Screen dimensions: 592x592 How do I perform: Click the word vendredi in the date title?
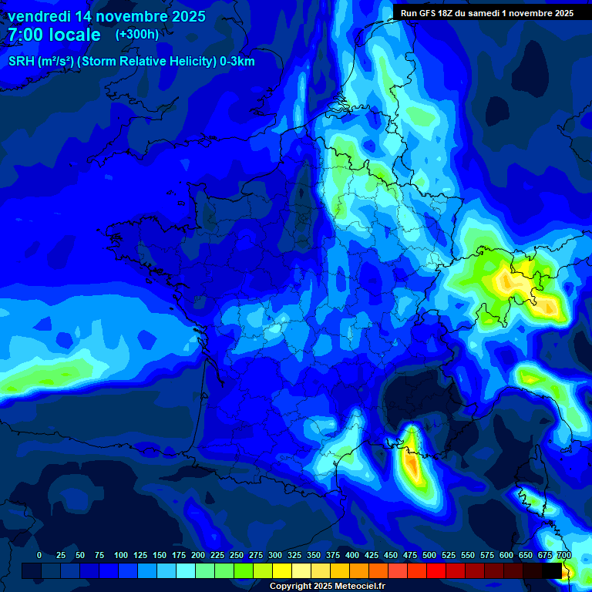39,16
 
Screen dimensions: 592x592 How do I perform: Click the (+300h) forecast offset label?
137,35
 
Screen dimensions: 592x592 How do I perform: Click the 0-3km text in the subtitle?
237,62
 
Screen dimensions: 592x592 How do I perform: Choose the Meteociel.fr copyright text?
327,587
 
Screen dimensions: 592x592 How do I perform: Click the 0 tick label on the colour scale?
39,555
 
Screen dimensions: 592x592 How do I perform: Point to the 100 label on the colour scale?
121,555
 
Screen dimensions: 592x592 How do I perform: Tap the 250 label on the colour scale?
237,555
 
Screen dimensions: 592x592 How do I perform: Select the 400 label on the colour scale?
352,555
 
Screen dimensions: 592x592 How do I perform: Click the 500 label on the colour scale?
429,555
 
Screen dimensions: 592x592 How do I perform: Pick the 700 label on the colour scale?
563,555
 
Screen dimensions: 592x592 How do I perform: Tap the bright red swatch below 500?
436,570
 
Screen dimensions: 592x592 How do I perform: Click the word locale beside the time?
74,35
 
